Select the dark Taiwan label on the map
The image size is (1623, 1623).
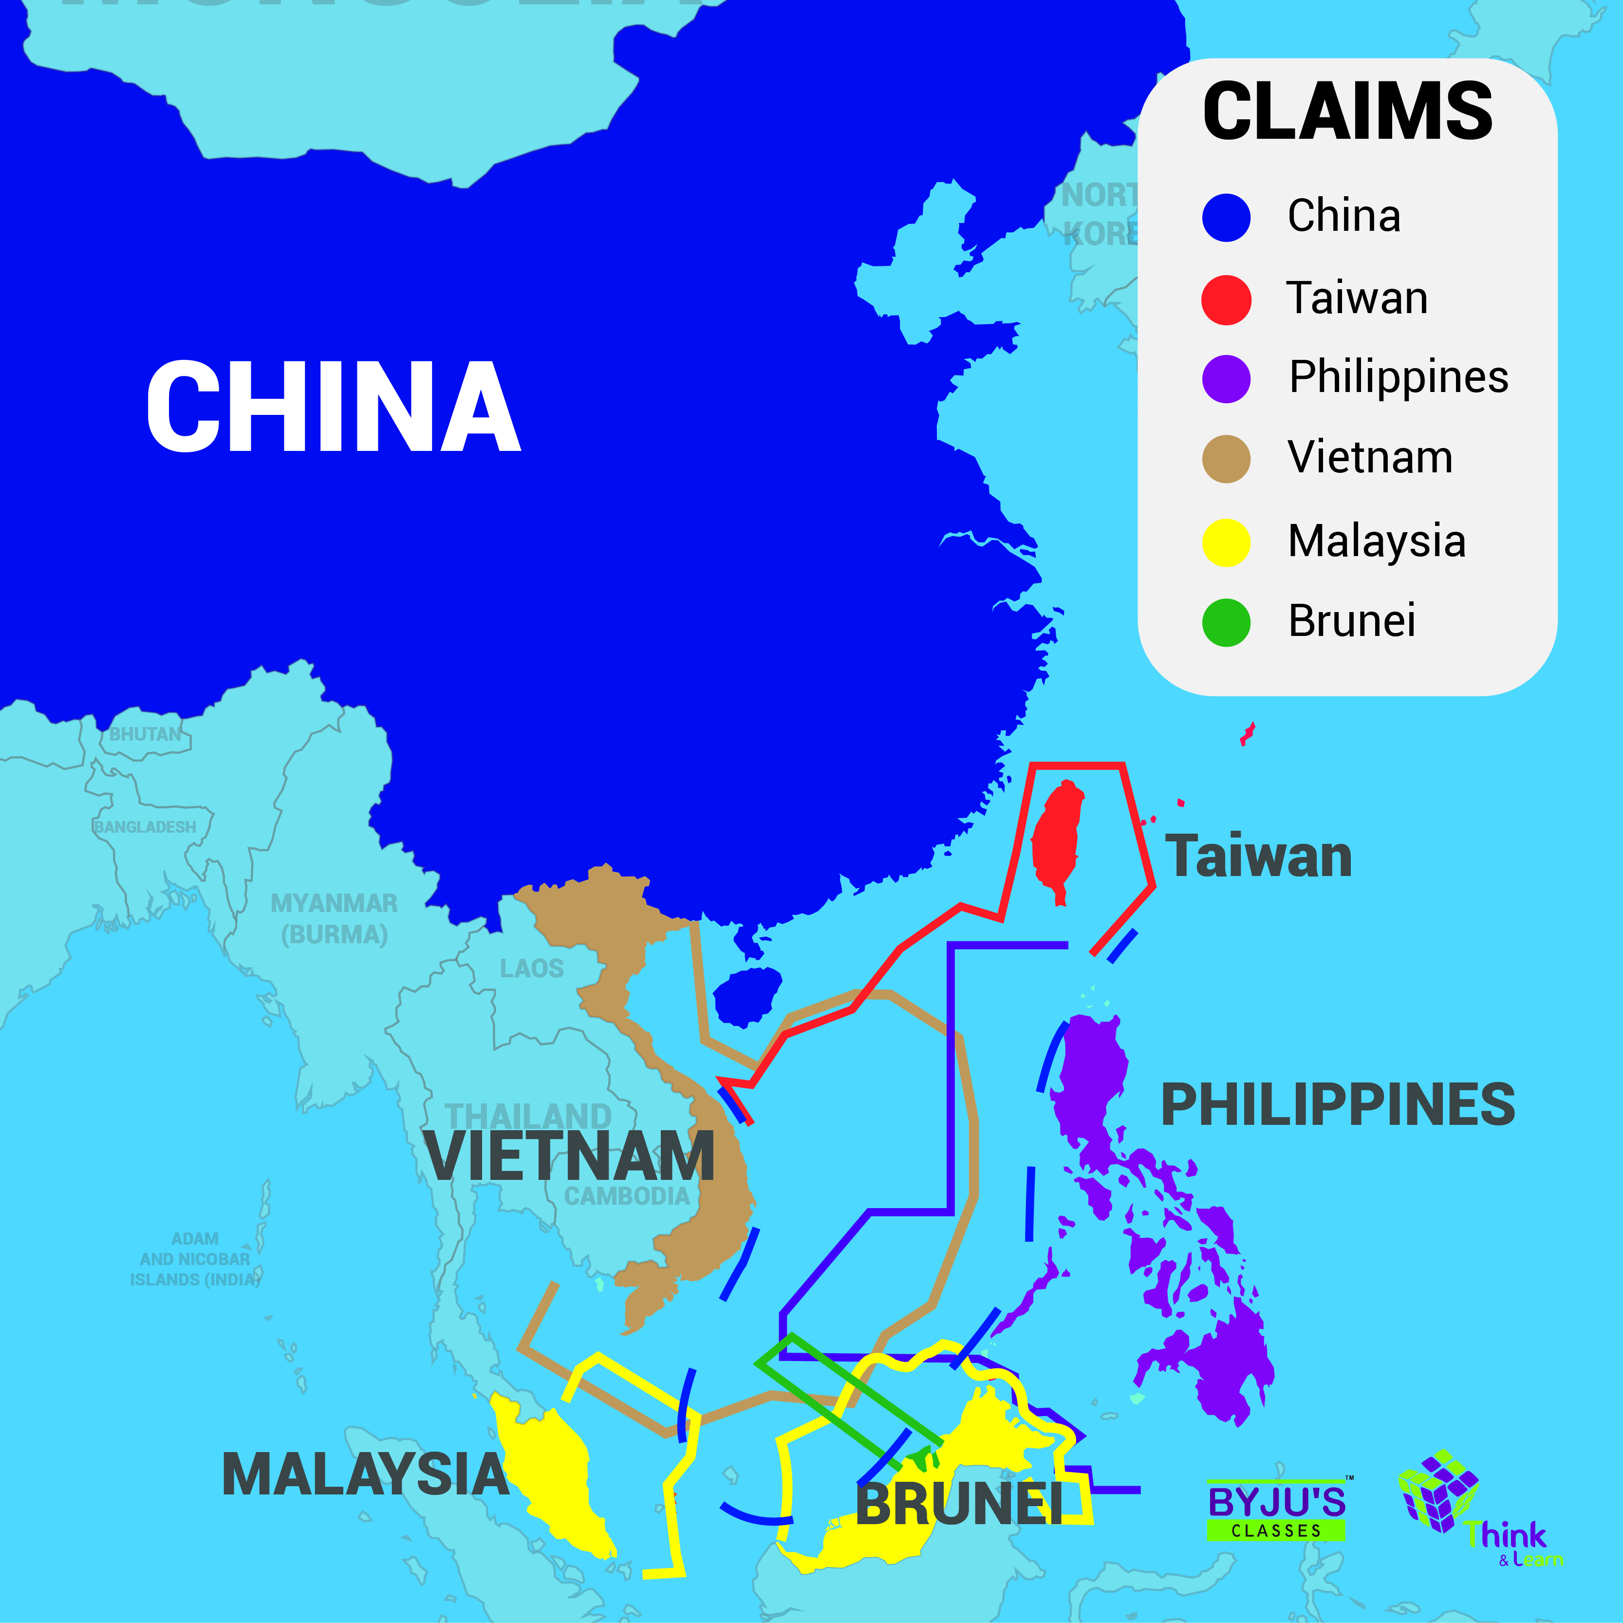pyautogui.click(x=1258, y=857)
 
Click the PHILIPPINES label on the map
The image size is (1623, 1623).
pyautogui.click(x=1337, y=1105)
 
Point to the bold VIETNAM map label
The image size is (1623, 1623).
pyautogui.click(x=570, y=1157)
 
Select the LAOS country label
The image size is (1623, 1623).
pyautogui.click(x=532, y=969)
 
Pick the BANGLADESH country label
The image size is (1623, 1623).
pyautogui.click(x=145, y=827)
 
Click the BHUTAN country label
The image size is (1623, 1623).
pyautogui.click(x=145, y=734)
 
